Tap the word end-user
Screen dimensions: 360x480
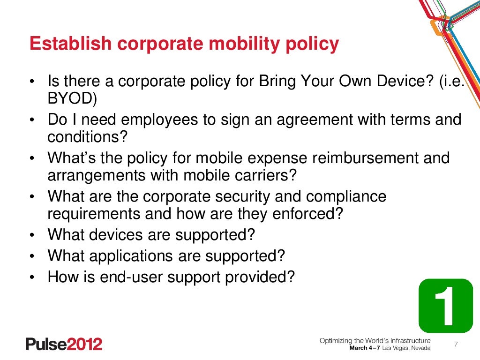(139, 277)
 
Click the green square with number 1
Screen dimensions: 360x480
(445, 306)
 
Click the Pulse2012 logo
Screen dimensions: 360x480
(64, 344)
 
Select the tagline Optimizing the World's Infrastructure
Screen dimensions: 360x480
(375, 340)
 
